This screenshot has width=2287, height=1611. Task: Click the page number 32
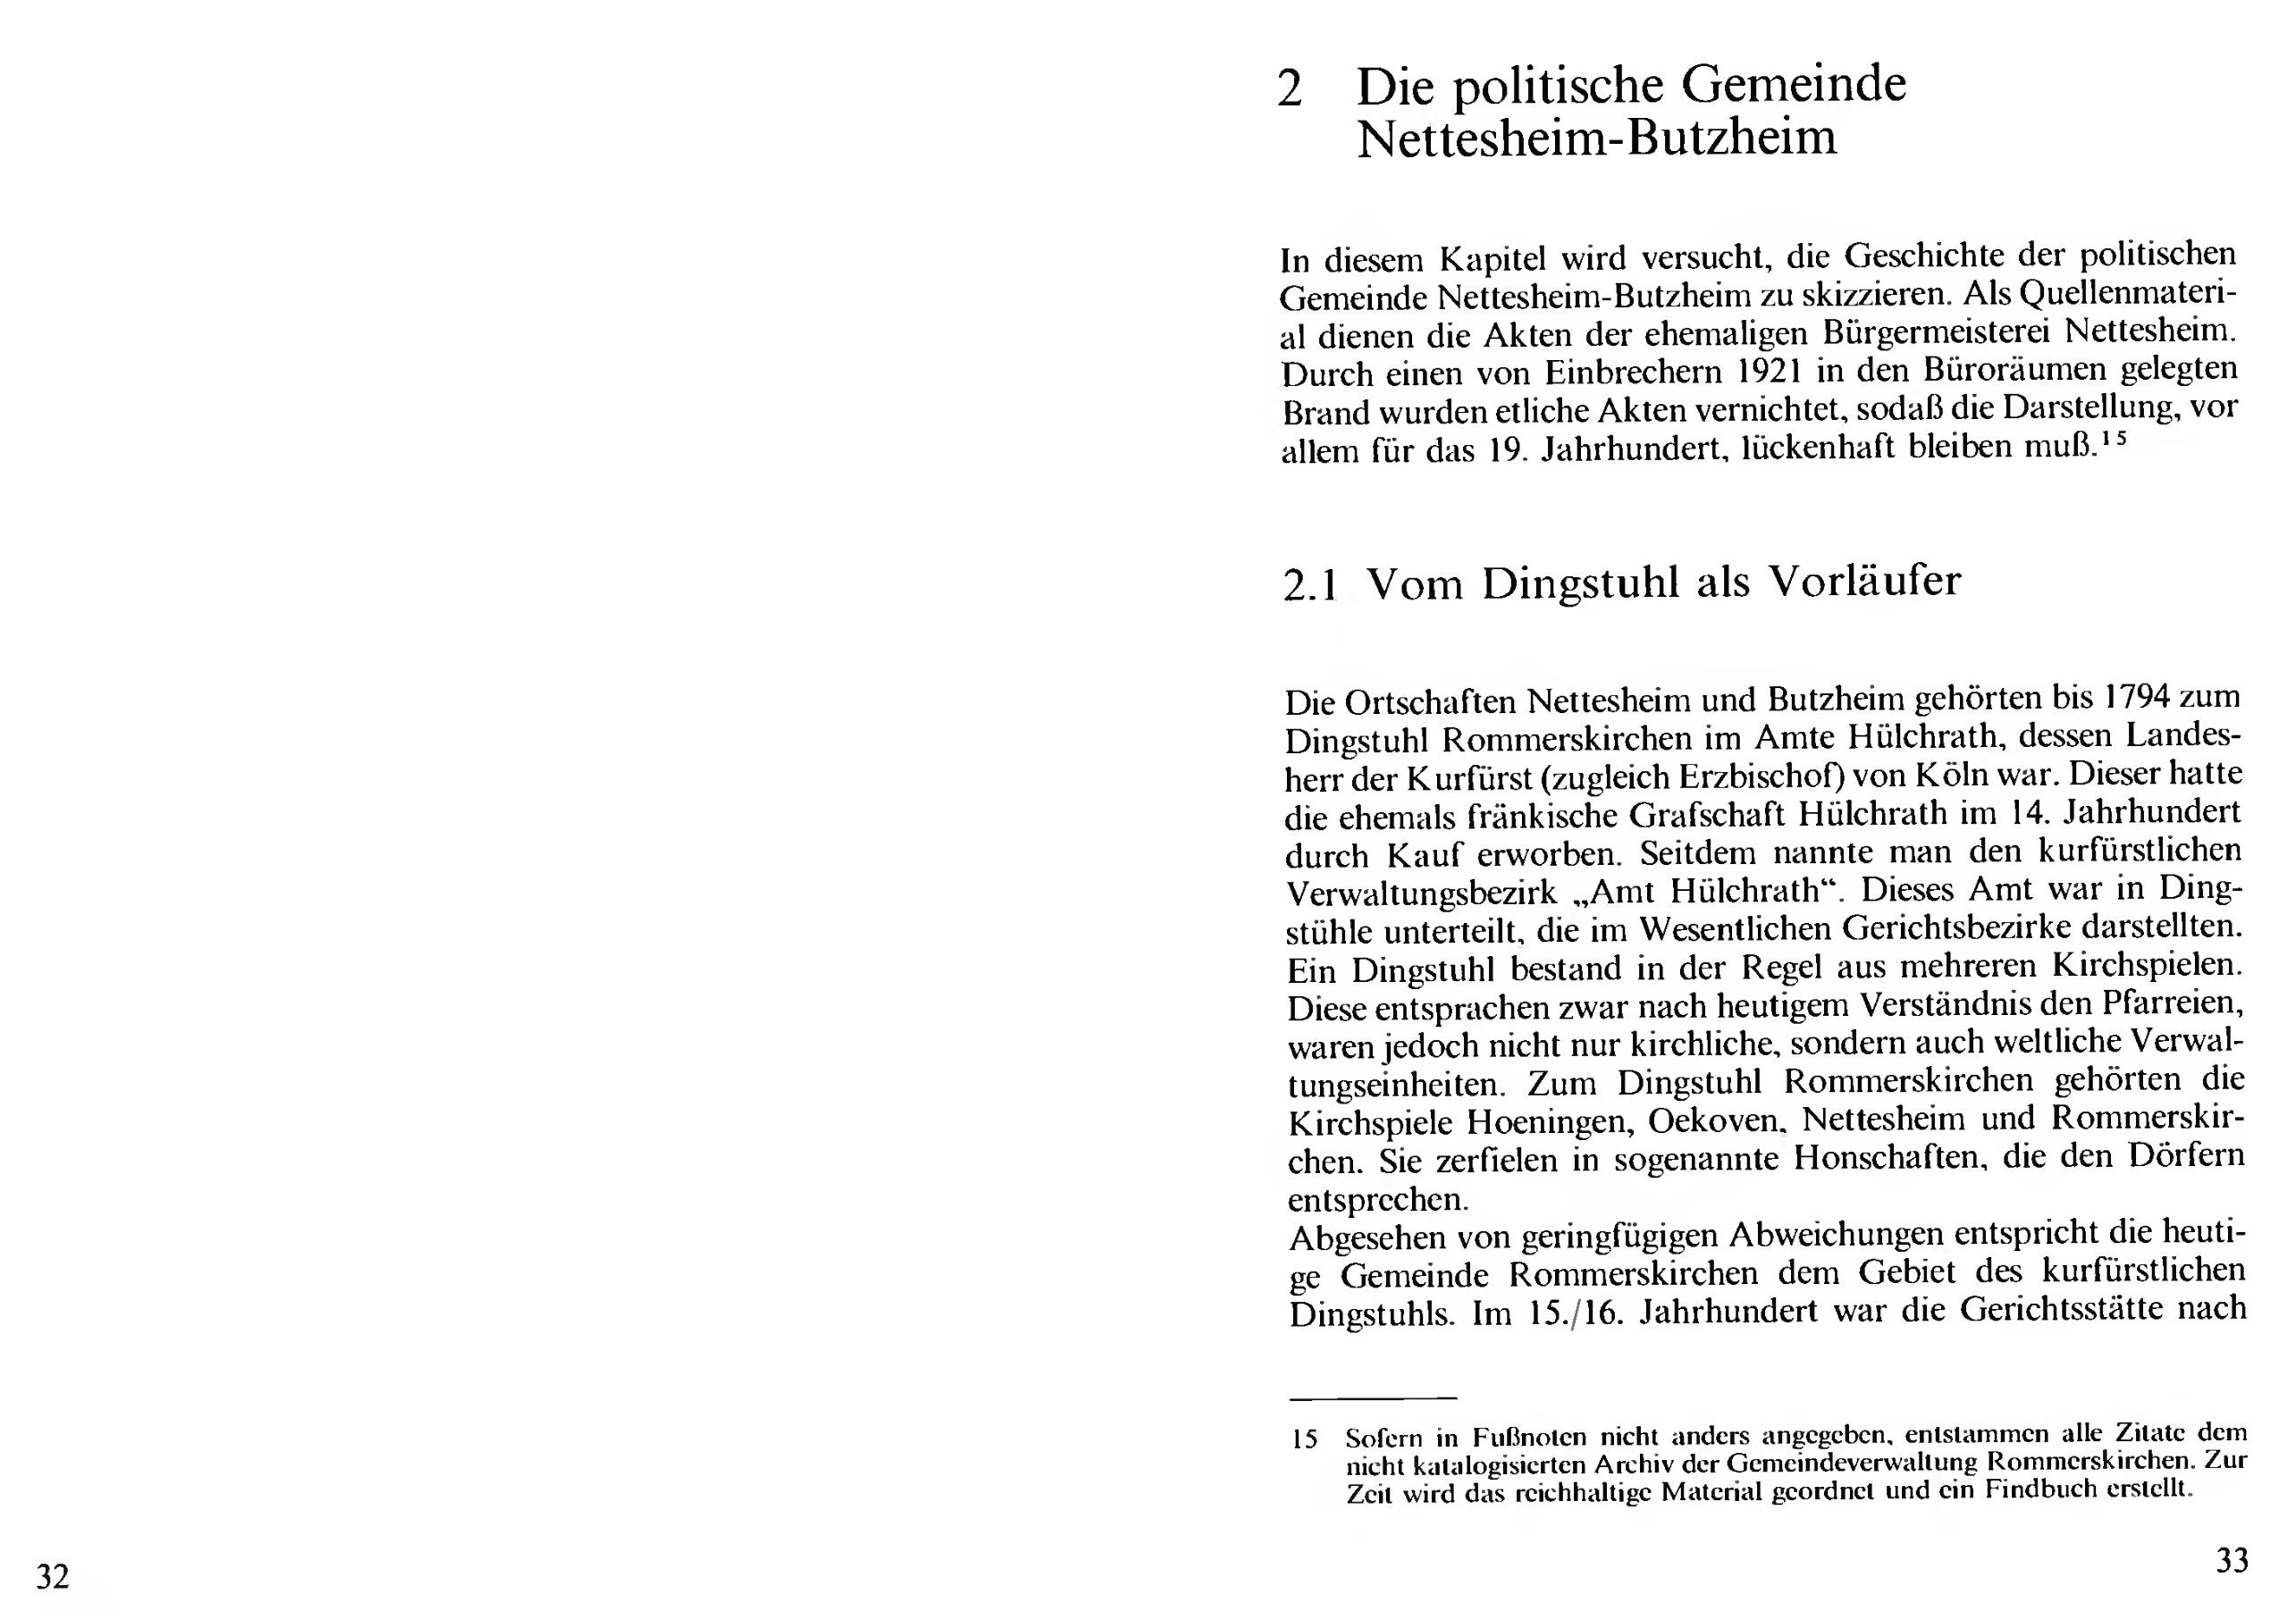pyautogui.click(x=53, y=1577)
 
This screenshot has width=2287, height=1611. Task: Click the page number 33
pyautogui.click(x=2232, y=1560)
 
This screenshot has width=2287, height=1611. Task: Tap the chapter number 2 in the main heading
pyautogui.click(x=1289, y=89)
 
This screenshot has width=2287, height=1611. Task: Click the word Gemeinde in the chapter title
pyautogui.click(x=1794, y=84)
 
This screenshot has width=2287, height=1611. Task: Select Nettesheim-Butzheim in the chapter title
pyautogui.click(x=1597, y=138)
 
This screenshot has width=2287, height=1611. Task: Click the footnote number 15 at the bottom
pyautogui.click(x=1304, y=1439)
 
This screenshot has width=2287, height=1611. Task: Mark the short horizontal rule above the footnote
pyautogui.click(x=1372, y=1398)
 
